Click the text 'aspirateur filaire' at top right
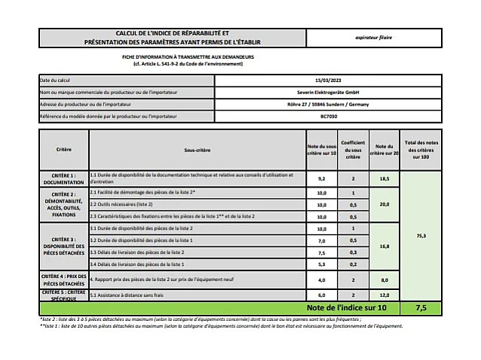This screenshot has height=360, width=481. coord(395,37)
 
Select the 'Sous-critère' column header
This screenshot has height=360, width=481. coord(196,151)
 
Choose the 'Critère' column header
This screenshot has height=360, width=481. coord(64,150)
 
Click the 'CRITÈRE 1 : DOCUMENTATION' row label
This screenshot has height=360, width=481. coord(64,178)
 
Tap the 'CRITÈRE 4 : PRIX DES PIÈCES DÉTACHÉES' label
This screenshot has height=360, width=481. coord(64,279)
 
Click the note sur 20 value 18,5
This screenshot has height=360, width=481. coord(384,178)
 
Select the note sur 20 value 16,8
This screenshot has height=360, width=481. coord(384,246)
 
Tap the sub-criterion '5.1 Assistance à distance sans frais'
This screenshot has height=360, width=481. coord(127,294)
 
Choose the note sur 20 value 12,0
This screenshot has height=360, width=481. coord(384,294)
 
